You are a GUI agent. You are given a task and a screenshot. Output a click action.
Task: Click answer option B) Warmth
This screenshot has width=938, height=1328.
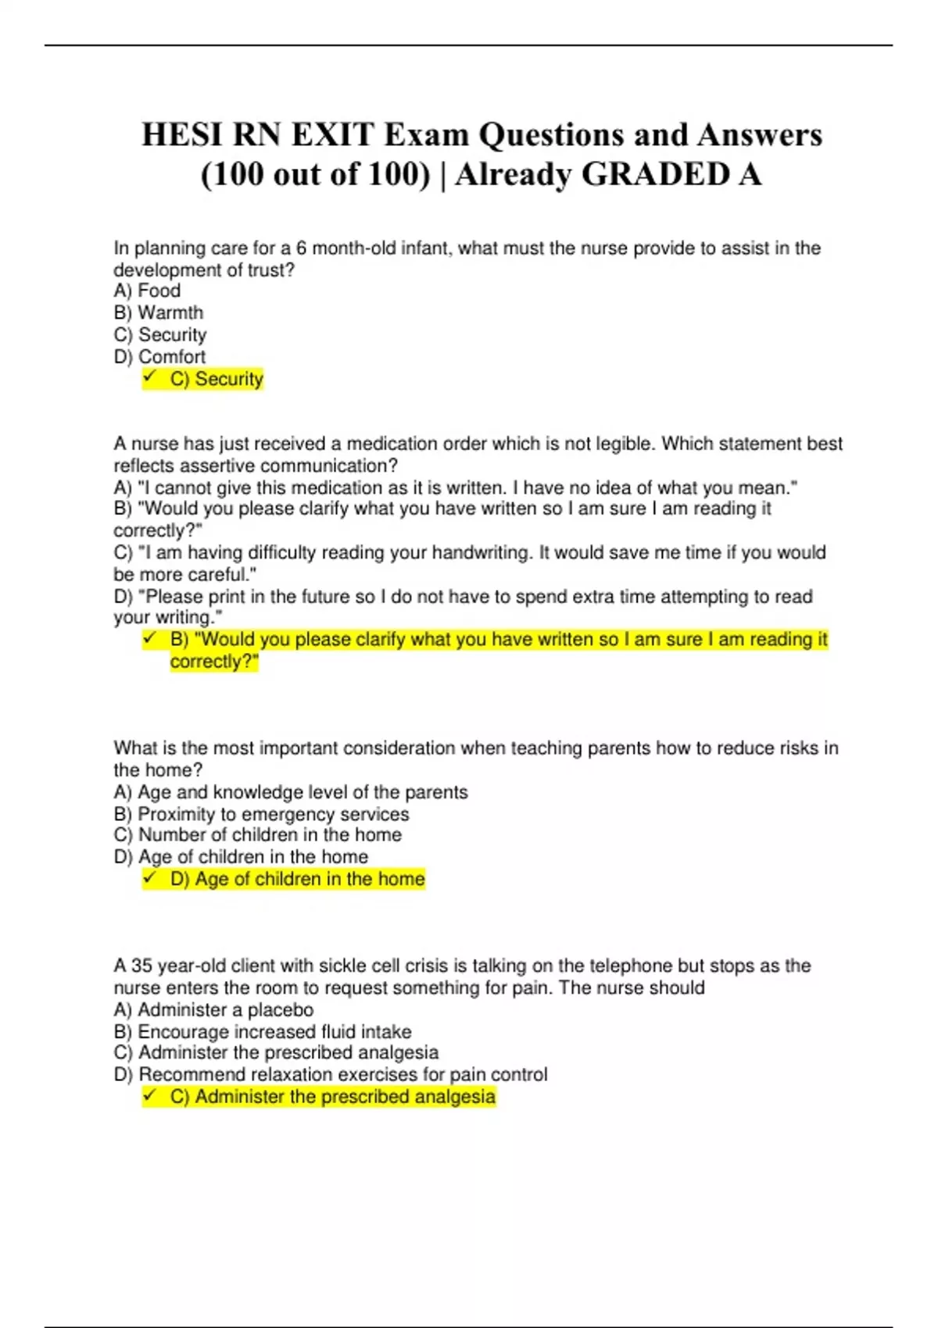pos(159,312)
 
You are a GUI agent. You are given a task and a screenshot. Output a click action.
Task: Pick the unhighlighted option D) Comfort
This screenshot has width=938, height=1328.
pos(159,357)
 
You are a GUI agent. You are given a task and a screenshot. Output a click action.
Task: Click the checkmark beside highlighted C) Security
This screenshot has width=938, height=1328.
pos(150,378)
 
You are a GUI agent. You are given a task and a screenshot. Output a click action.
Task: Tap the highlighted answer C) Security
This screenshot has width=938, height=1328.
pos(217,379)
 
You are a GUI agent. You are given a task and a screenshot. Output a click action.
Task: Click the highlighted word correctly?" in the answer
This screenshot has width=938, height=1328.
pos(214,662)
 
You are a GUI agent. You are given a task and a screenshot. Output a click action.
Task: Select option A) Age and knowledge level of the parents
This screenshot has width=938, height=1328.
pos(291,792)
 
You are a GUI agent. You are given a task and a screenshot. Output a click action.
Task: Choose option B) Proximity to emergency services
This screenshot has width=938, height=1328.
pos(261,814)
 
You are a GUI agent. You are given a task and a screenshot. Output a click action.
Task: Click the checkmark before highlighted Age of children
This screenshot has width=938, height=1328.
pos(150,879)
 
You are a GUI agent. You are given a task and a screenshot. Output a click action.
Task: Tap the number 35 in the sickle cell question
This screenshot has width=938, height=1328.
pos(141,966)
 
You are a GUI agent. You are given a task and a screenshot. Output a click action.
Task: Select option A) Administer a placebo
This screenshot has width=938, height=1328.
pos(213,1010)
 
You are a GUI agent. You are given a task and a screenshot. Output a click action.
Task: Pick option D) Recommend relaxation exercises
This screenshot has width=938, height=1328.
pos(331,1075)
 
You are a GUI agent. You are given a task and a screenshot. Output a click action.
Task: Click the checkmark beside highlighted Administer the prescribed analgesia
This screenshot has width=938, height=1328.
pos(150,1097)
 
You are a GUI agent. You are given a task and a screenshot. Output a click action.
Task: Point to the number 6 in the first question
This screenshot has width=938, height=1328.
pos(301,248)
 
